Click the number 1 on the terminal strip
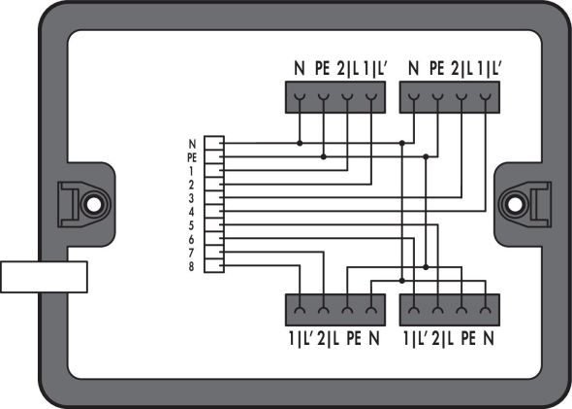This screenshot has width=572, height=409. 192,169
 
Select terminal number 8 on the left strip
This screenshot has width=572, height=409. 192,265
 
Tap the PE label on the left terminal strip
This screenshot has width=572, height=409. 192,155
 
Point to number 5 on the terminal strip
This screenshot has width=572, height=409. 192,224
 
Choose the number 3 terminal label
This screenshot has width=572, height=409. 192,197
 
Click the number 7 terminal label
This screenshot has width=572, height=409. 192,252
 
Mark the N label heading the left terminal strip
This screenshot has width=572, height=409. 192,142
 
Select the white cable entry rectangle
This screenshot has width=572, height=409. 45,276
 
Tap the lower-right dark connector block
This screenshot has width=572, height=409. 449,310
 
